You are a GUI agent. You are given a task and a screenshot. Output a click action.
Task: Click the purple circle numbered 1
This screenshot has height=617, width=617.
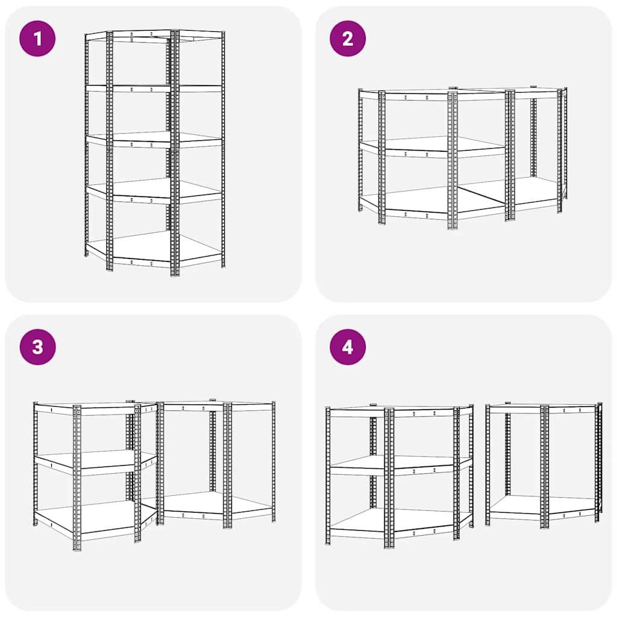point(37,39)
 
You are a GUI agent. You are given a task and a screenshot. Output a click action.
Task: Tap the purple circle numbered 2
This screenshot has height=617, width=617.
point(348,39)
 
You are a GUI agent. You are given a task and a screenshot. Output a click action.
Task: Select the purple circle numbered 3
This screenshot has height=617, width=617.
point(37,347)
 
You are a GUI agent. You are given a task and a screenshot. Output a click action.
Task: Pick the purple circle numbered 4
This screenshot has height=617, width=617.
point(348,347)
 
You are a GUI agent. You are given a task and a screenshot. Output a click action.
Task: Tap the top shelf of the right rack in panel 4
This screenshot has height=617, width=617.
point(542,407)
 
